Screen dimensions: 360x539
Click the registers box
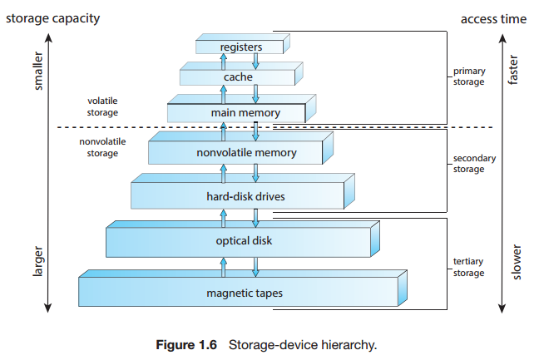click(x=240, y=47)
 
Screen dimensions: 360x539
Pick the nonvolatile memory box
click(x=235, y=153)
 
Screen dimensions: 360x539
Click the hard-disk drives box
click(x=237, y=196)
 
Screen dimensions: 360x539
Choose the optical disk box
click(x=239, y=241)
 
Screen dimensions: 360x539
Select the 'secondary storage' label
click(x=472, y=164)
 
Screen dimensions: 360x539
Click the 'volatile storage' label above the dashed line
click(x=102, y=106)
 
